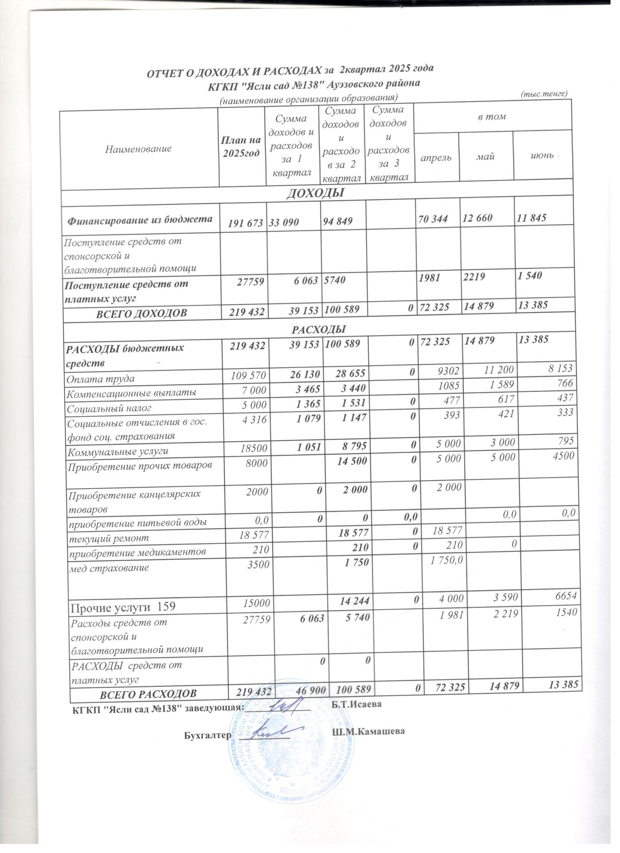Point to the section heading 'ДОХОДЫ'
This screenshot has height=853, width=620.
[x=316, y=193]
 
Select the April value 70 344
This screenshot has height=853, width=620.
[x=433, y=219]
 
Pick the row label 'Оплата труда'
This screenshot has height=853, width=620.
[x=100, y=378]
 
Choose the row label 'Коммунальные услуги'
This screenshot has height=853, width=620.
[x=117, y=451]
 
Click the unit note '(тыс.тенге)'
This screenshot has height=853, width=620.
[x=544, y=94]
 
